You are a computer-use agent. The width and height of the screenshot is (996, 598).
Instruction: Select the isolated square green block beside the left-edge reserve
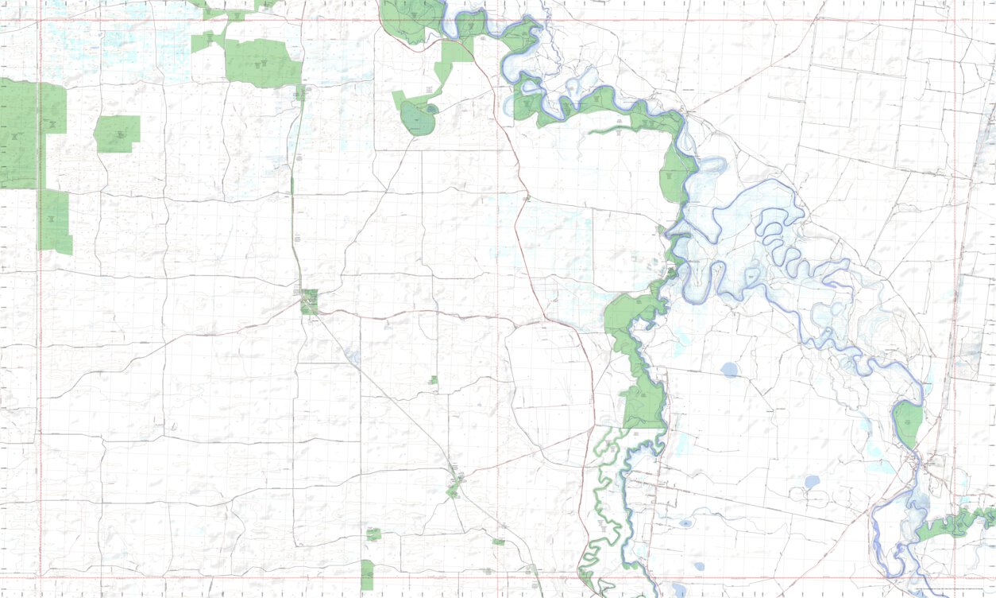[117, 134]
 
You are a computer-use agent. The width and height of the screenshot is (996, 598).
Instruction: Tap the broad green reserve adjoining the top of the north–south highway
[262, 62]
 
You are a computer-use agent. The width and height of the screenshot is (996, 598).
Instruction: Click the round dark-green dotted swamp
[416, 119]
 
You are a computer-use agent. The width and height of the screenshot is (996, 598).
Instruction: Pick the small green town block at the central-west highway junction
[309, 301]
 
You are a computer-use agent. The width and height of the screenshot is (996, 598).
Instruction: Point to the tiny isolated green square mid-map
[433, 380]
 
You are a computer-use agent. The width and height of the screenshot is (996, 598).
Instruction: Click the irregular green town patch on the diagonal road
[454, 485]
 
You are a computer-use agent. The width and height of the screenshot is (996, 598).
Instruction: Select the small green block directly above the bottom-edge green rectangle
[373, 534]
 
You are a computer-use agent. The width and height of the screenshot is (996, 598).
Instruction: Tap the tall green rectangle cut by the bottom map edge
[367, 575]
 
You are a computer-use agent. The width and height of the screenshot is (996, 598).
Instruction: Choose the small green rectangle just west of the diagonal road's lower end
[499, 542]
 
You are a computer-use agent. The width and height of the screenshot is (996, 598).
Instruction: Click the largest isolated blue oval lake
[729, 369]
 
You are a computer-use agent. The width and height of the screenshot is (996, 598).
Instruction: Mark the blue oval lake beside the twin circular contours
[811, 482]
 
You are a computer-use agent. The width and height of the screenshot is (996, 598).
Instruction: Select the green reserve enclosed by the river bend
[908, 423]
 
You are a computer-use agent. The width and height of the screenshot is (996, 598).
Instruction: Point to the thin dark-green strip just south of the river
[627, 130]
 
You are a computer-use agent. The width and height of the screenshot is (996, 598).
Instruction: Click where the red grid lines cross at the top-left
[39, 20]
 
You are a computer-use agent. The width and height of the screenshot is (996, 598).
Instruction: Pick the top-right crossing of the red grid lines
[955, 20]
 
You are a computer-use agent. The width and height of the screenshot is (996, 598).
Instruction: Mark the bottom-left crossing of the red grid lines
[39, 578]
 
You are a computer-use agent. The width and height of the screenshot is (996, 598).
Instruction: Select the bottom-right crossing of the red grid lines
[955, 578]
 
